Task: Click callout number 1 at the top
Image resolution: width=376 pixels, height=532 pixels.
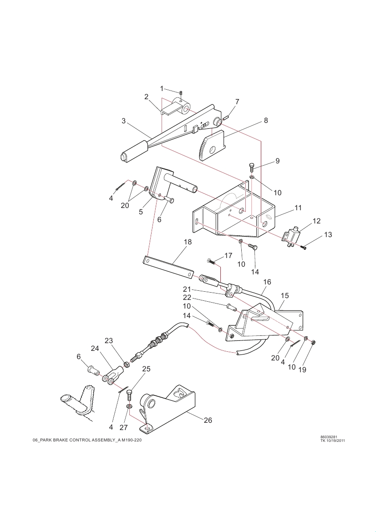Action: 162,89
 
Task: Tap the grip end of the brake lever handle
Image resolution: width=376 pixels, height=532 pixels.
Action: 134,152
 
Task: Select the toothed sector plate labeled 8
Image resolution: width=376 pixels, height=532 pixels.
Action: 211,145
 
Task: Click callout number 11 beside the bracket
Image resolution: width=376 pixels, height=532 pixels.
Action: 298,208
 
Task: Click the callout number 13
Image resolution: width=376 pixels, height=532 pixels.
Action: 328,234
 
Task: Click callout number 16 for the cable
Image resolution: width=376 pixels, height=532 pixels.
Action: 267,282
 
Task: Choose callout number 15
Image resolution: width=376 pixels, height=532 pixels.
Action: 285,295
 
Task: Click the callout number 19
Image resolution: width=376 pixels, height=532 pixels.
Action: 302,370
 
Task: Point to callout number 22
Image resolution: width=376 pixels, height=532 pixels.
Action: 187,298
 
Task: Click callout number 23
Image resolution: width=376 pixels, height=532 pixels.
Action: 108,341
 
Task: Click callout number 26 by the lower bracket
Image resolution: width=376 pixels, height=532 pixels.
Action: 208,420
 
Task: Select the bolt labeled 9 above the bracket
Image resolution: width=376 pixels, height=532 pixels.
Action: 251,167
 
